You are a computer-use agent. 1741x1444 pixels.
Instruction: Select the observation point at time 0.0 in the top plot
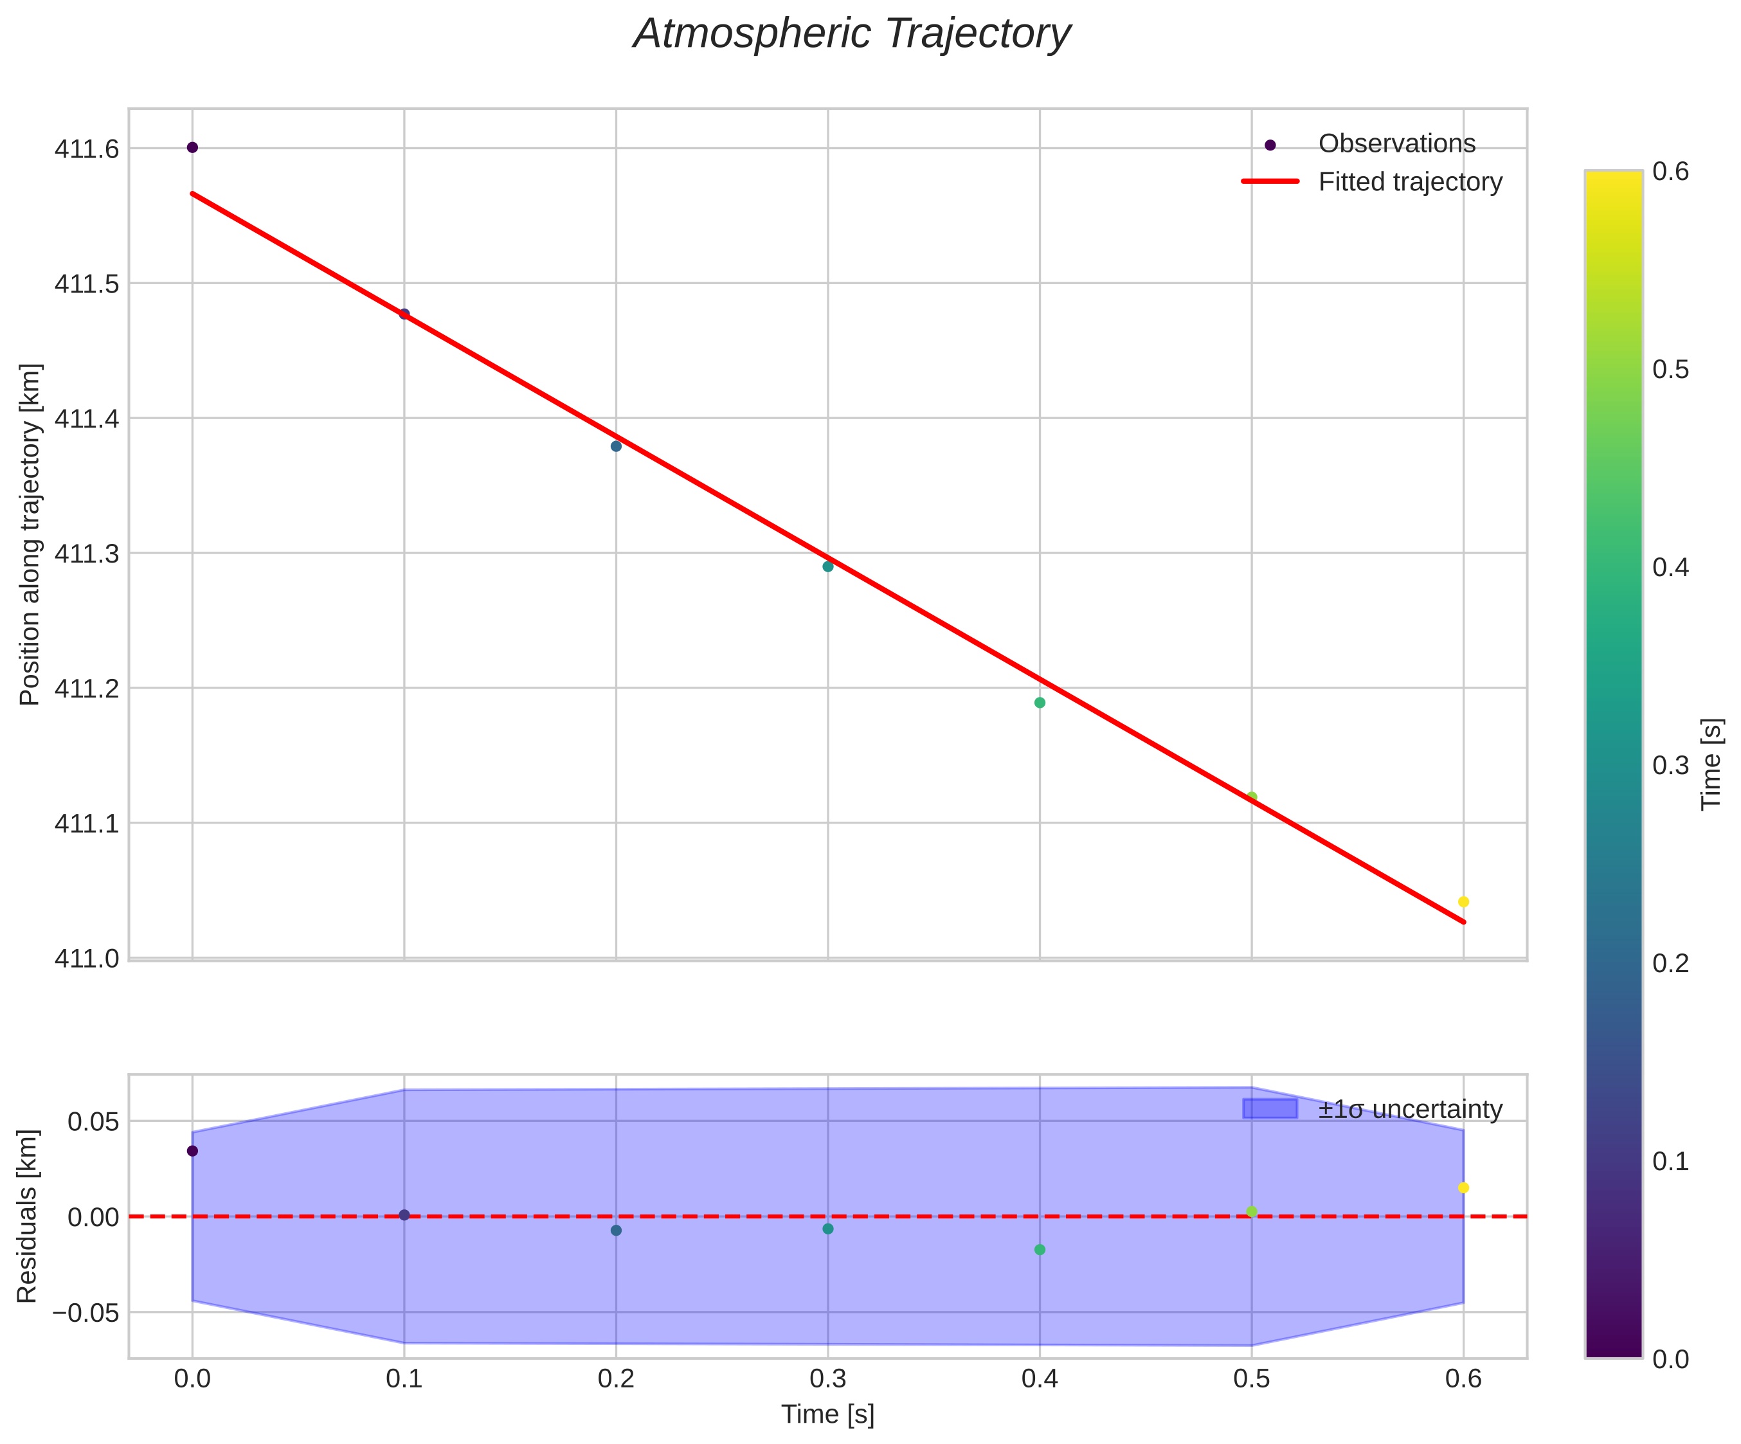[192, 147]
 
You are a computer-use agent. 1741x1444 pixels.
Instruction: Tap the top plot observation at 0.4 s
[1040, 703]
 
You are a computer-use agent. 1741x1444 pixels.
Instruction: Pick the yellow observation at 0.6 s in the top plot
[1463, 902]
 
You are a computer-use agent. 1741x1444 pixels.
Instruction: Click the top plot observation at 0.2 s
[616, 446]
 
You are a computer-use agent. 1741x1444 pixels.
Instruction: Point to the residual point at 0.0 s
[192, 1151]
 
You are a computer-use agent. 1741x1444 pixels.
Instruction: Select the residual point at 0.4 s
[1040, 1249]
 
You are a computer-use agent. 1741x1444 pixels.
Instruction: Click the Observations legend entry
[1396, 144]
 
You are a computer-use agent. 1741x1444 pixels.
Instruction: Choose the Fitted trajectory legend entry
[1409, 181]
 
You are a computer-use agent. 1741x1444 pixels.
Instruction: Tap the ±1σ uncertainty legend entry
[1409, 1109]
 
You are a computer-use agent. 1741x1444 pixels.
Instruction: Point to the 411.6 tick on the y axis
[86, 149]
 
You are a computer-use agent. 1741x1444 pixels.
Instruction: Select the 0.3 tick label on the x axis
[827, 1378]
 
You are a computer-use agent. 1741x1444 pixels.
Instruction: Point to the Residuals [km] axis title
[28, 1215]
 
